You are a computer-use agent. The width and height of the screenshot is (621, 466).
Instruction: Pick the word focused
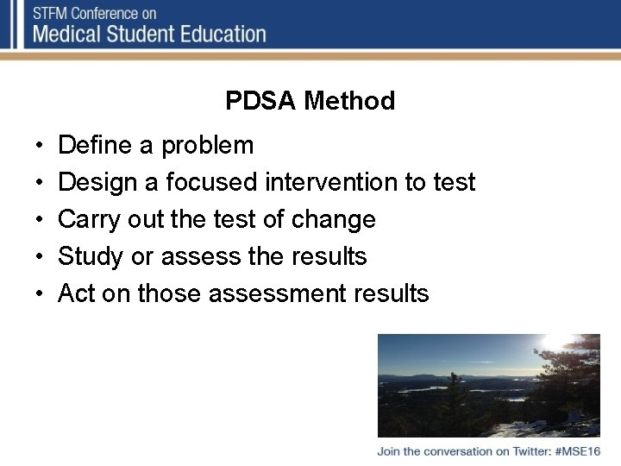[x=211, y=182]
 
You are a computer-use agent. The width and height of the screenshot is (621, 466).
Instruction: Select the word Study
[x=91, y=257]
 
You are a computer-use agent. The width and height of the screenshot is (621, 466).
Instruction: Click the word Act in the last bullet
[x=76, y=293]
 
